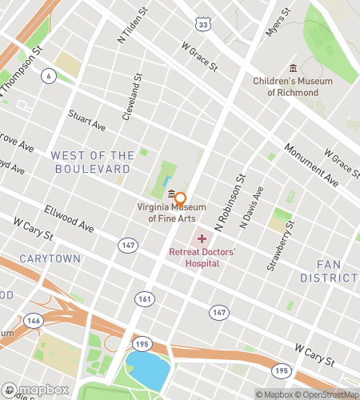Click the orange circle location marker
pos(180,198)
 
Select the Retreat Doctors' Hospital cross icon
pos(202,238)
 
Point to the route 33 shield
pos(205,26)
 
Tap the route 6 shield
pos(50,75)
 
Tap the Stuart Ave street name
pos(87,120)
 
